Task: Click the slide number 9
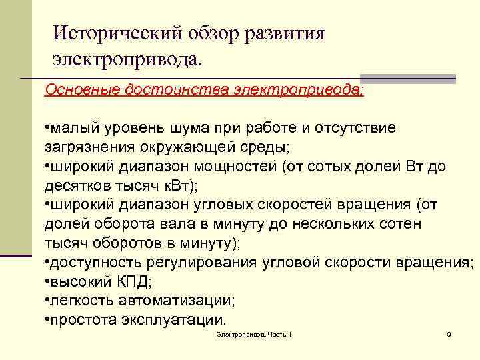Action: [x=449, y=333]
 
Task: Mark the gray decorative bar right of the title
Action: [x=430, y=79]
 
